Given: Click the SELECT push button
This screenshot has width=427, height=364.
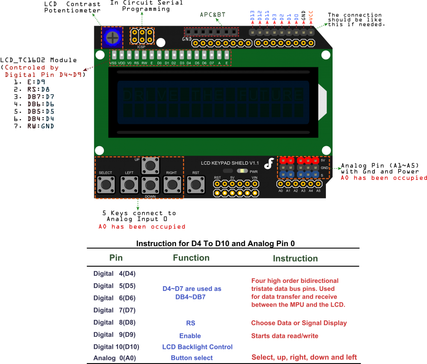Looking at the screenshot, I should click(106, 184).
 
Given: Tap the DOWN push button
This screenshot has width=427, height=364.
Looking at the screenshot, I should click(150, 184).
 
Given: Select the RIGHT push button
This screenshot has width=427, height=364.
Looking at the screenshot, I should click(172, 184).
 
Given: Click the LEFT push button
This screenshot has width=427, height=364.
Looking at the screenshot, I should click(129, 184).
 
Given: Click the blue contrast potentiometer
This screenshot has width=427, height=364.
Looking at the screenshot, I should click(112, 37).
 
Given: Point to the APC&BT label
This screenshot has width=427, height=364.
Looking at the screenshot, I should click(212, 15).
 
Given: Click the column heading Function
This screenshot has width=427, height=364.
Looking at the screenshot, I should click(191, 258).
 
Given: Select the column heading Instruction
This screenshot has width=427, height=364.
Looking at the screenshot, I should click(295, 258).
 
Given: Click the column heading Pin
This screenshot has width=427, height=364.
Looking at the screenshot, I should click(116, 258).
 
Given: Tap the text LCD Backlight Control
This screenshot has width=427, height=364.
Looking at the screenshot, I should click(197, 347).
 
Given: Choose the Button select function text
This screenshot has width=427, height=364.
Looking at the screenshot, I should click(192, 358).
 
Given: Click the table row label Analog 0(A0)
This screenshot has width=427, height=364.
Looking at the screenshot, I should click(114, 358).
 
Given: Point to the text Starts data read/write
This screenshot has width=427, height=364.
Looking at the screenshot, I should click(285, 336).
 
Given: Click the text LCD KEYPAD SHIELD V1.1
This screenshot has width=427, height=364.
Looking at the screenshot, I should click(230, 163).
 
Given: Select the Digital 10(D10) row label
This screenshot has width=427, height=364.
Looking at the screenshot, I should click(116, 347).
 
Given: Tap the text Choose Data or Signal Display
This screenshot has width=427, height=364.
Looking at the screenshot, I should click(299, 323).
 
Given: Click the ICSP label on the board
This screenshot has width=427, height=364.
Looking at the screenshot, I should click(141, 47).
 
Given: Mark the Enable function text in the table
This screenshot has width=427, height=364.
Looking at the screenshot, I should click(190, 336).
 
